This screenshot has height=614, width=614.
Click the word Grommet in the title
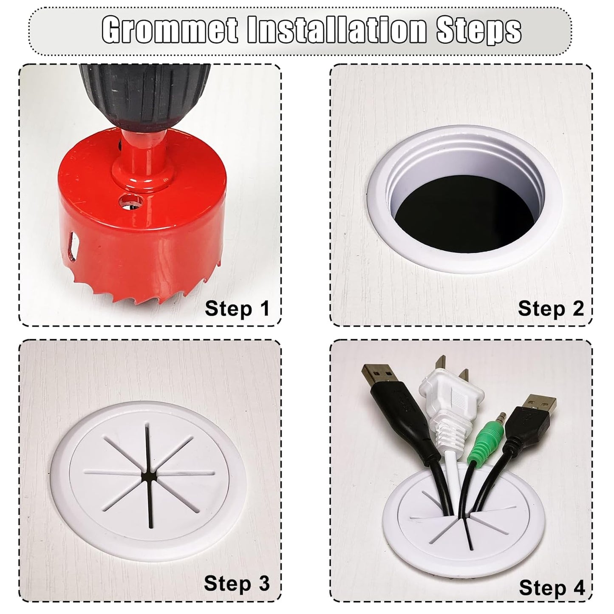tap(170, 31)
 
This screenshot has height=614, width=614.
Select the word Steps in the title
tap(479, 31)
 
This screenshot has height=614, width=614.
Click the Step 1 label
tap(238, 309)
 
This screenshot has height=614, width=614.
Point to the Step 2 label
tap(551, 309)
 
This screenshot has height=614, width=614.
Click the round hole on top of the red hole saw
tap(130, 201)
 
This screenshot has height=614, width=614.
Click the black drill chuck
tap(145, 96)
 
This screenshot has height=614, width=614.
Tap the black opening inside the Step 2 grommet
tap(459, 209)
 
